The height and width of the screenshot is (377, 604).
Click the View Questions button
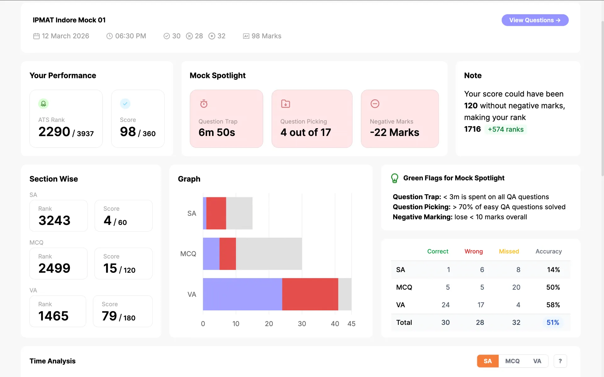tap(535, 20)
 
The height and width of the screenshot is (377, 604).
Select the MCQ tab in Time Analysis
tap(512, 361)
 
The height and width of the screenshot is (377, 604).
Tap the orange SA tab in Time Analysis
tap(488, 361)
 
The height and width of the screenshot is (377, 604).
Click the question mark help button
tap(560, 361)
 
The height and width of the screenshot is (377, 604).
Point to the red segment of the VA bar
tap(310, 294)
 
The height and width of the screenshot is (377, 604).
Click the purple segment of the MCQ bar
tap(211, 254)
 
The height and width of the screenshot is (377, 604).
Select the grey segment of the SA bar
tap(239, 213)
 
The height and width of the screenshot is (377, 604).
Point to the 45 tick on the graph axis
tap(351, 324)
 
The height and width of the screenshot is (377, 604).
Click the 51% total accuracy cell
tap(553, 322)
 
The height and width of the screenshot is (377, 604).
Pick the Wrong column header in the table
tap(473, 251)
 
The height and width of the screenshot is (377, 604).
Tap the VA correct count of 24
tap(445, 305)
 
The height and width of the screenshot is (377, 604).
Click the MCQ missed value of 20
tap(516, 287)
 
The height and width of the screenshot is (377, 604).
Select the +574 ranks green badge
tap(506, 129)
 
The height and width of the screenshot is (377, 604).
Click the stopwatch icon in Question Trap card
tap(204, 104)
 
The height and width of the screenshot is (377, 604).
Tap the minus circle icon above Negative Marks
tap(375, 104)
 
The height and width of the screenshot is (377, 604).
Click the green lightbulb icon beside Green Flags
tap(394, 178)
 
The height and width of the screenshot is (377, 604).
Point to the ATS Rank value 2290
tap(54, 132)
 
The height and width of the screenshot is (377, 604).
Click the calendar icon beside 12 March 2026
tap(36, 36)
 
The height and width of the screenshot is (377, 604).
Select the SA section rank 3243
tap(54, 220)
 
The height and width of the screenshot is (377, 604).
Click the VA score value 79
tap(109, 316)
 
